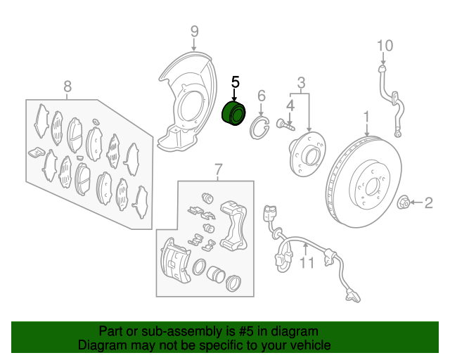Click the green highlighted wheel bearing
tap(234, 114)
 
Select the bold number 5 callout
tap(236, 82)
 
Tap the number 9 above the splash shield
tap(194, 31)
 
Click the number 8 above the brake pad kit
tap(67, 86)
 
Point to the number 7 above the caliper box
tap(219, 169)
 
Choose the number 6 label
tap(262, 96)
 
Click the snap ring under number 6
tap(259, 129)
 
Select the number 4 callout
tap(290, 105)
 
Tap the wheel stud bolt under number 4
tap(285, 124)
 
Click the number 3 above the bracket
tap(301, 83)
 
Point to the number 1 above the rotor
tap(366, 117)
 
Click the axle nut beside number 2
tap(403, 202)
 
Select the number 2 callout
tap(428, 203)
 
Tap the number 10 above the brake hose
tap(385, 46)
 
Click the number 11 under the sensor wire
tap(307, 263)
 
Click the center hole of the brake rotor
tap(372, 186)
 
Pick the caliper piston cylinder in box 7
tap(216, 274)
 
